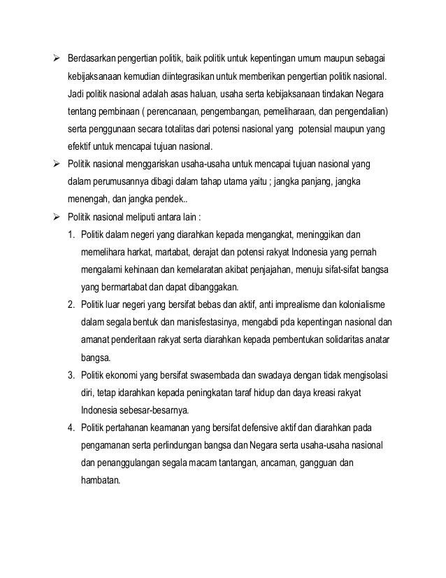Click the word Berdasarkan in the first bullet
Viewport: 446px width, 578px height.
(92, 57)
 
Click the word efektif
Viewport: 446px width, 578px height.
(79, 147)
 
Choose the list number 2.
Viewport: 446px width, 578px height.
(71, 305)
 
